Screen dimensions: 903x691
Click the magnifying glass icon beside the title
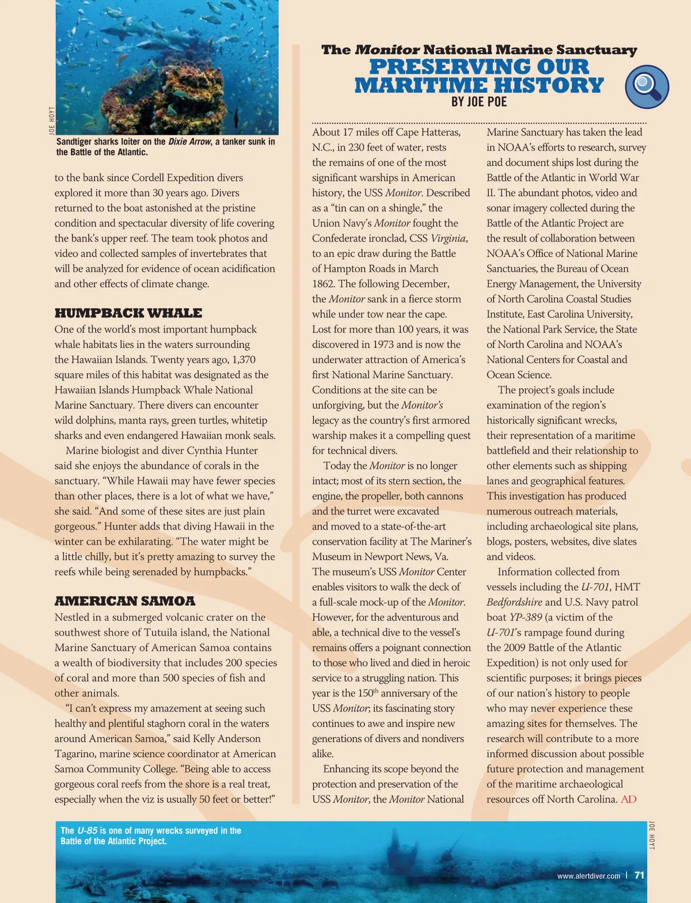[647, 87]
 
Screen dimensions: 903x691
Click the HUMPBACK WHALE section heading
[128, 313]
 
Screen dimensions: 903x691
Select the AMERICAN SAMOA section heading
[125, 602]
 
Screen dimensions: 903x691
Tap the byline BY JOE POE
[479, 102]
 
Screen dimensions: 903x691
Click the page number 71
[639, 875]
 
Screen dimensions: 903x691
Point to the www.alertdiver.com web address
[589, 876]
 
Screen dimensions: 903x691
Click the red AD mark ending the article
[629, 799]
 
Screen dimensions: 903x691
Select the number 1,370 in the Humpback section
[244, 360]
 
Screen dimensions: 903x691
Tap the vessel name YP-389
[526, 617]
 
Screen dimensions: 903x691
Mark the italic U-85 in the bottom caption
[87, 830]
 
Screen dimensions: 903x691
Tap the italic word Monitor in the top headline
[387, 50]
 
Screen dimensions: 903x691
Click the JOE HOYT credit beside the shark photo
[52, 121]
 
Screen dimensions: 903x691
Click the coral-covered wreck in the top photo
[167, 92]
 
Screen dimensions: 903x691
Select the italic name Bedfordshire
[514, 602]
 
